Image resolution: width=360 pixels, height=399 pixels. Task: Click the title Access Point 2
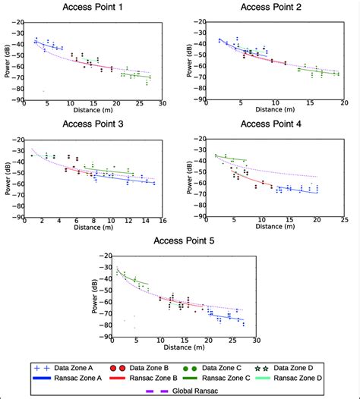272,8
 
